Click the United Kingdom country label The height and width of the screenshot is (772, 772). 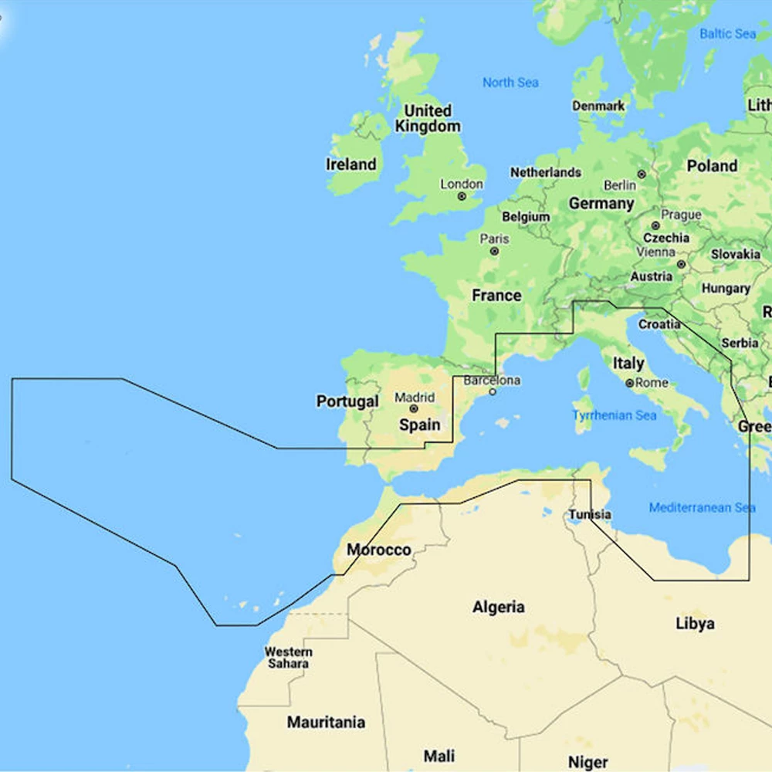pos(428,118)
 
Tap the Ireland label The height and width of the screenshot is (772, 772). pos(351,164)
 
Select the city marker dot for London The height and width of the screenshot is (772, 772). pos(462,196)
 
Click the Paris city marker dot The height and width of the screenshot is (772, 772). pos(494,251)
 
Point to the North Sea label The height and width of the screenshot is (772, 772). pos(510,83)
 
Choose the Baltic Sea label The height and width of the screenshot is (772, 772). pos(727,34)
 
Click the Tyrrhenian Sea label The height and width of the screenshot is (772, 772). pos(615,415)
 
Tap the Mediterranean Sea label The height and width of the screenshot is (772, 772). pos(702,507)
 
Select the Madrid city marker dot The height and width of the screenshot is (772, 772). pos(414,409)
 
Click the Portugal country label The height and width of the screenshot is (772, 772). pos(347,401)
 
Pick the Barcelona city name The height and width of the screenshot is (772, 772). pos(492,381)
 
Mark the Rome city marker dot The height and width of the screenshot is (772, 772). pos(630,383)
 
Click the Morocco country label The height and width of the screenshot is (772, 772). pos(378,550)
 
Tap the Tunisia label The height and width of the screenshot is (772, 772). pos(590,515)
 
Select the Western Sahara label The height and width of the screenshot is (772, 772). pos(289,658)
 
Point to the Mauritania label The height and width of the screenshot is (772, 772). pos(326,723)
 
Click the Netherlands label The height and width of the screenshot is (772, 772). pos(545,172)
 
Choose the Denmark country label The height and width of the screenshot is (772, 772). pos(598,106)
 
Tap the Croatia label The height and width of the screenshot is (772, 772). pos(659,324)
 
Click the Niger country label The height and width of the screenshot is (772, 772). pos(587,762)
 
